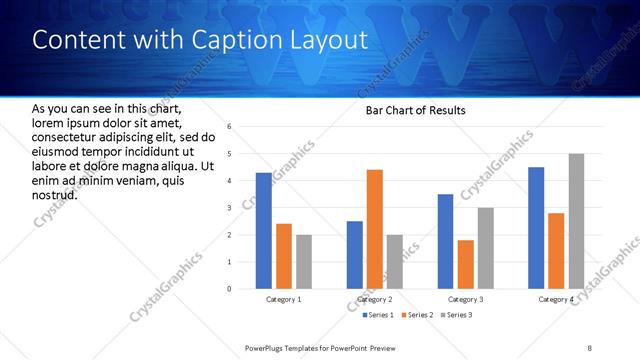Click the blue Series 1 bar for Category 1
(x=263, y=231)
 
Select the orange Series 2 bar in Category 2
(x=374, y=229)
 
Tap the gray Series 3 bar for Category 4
(x=576, y=221)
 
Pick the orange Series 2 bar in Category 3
(x=465, y=264)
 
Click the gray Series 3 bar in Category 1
(x=303, y=262)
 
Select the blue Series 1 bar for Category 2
(x=354, y=255)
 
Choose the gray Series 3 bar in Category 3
(x=485, y=248)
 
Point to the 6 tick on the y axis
(x=229, y=127)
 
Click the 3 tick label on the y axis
(x=229, y=208)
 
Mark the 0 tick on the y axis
(x=229, y=289)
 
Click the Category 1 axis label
(x=283, y=300)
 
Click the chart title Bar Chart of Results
(x=409, y=110)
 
